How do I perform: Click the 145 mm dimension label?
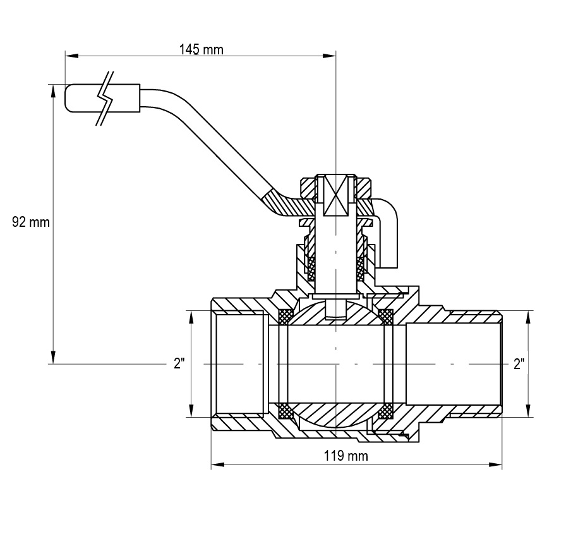click(x=201, y=49)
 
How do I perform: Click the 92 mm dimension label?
click(x=31, y=222)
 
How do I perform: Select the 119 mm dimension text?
click(x=346, y=456)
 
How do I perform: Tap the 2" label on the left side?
click(x=179, y=363)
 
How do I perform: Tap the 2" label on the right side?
click(x=519, y=363)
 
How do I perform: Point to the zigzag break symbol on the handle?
click(x=105, y=98)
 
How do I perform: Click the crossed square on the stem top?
click(x=335, y=195)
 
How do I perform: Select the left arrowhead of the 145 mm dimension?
click(x=72, y=56)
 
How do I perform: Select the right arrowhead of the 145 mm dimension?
click(x=329, y=56)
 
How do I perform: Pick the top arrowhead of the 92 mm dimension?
click(x=54, y=91)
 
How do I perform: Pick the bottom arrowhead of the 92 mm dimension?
click(x=54, y=357)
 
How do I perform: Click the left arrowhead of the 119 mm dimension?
click(x=218, y=464)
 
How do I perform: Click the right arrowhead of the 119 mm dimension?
click(x=495, y=464)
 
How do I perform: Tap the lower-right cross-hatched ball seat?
click(x=385, y=411)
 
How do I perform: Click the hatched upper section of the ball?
click(x=335, y=313)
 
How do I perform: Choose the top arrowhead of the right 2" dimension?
click(x=528, y=317)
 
